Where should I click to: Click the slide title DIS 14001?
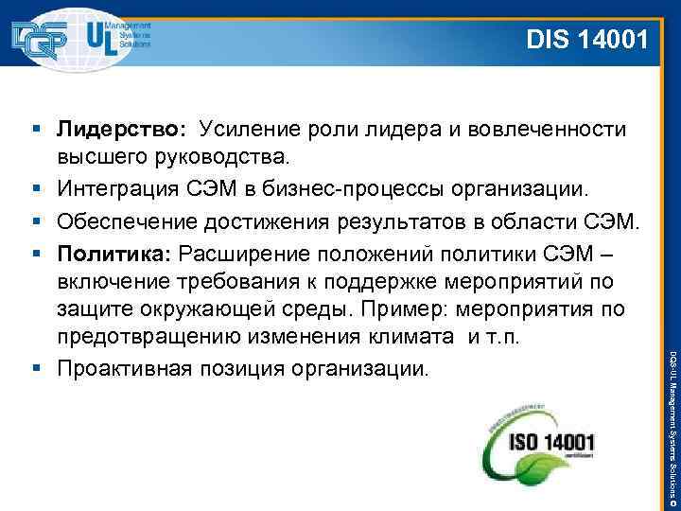(x=586, y=40)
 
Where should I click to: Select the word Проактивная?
(x=120, y=366)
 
